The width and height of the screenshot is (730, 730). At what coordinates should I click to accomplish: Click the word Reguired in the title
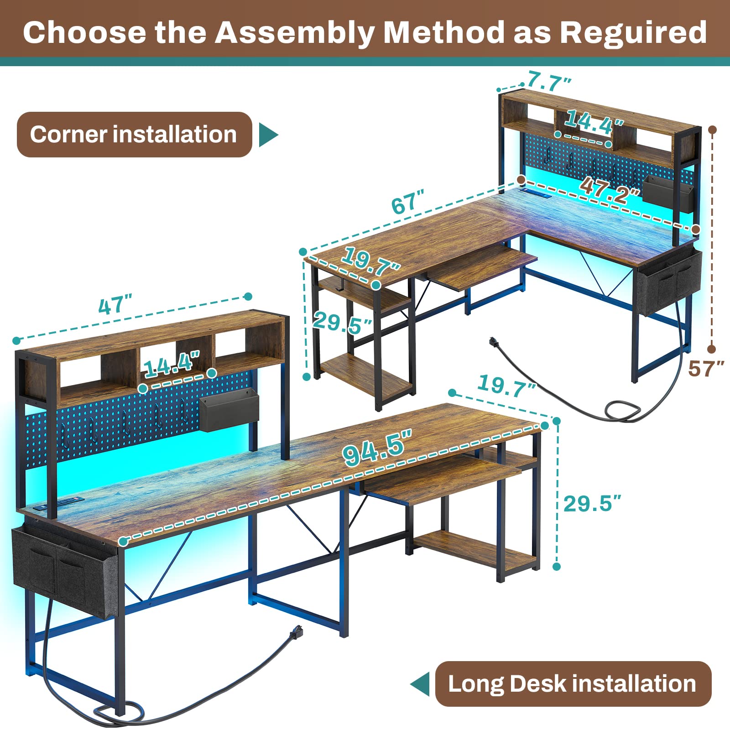[x=633, y=33]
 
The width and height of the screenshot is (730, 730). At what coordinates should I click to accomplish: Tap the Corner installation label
[x=134, y=135]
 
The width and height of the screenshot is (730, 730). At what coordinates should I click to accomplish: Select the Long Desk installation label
[x=572, y=684]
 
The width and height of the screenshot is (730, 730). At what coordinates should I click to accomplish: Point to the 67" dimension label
[x=407, y=202]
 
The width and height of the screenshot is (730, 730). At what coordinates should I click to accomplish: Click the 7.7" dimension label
[x=549, y=83]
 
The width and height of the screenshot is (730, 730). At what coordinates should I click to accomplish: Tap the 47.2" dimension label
[x=609, y=191]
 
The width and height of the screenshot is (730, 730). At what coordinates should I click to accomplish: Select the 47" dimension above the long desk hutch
[x=115, y=304]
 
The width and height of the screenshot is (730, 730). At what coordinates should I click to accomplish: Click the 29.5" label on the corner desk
[x=342, y=323]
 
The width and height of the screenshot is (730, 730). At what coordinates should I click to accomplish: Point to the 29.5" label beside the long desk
[x=592, y=504]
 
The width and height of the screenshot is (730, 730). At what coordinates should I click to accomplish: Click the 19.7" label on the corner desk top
[x=370, y=261]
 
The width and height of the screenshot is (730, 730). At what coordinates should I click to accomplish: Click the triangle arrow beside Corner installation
[x=268, y=135]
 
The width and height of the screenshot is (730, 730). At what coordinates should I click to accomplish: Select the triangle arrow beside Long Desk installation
[x=421, y=684]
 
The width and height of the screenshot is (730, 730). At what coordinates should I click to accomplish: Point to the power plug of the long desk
[x=297, y=632]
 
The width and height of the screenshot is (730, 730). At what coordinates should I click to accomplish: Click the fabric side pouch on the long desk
[x=64, y=570]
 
